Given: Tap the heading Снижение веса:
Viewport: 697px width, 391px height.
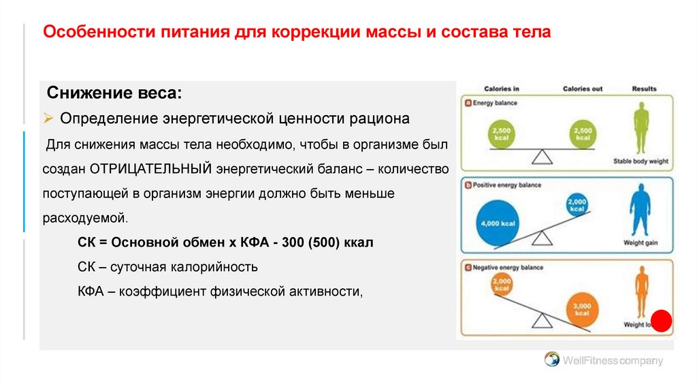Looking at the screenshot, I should pos(114,92).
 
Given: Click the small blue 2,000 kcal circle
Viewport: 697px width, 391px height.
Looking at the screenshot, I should pos(577,204).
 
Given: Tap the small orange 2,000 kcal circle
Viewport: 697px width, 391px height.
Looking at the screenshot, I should pos(502,283).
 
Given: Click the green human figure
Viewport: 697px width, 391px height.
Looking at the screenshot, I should pos(641,128).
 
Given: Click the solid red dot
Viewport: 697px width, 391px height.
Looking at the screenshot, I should pos(661,322).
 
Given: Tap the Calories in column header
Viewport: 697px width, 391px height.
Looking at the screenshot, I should pos(502,89).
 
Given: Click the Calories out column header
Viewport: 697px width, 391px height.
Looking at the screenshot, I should pos(583,89).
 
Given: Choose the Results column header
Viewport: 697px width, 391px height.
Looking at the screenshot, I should pos(644,89).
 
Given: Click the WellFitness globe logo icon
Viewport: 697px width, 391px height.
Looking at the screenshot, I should pos(551,360).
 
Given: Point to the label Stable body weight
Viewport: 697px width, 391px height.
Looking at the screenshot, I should pos(641,162).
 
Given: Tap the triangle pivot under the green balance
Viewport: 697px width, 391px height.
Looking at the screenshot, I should pos(542,157).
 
